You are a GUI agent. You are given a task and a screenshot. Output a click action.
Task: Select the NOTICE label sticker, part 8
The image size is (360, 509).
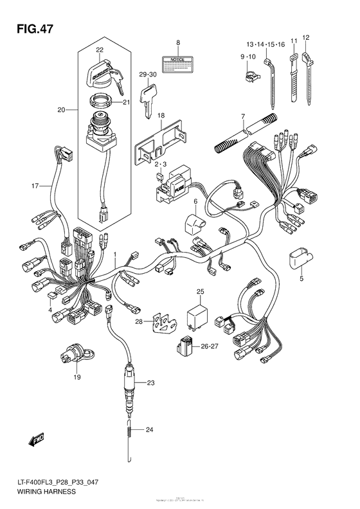(178, 63)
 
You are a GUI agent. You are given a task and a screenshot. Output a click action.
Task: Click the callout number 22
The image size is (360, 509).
(100, 50)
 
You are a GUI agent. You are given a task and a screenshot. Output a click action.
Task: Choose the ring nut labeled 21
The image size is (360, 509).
(102, 101)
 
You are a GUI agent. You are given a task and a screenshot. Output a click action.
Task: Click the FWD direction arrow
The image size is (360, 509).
(32, 441)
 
